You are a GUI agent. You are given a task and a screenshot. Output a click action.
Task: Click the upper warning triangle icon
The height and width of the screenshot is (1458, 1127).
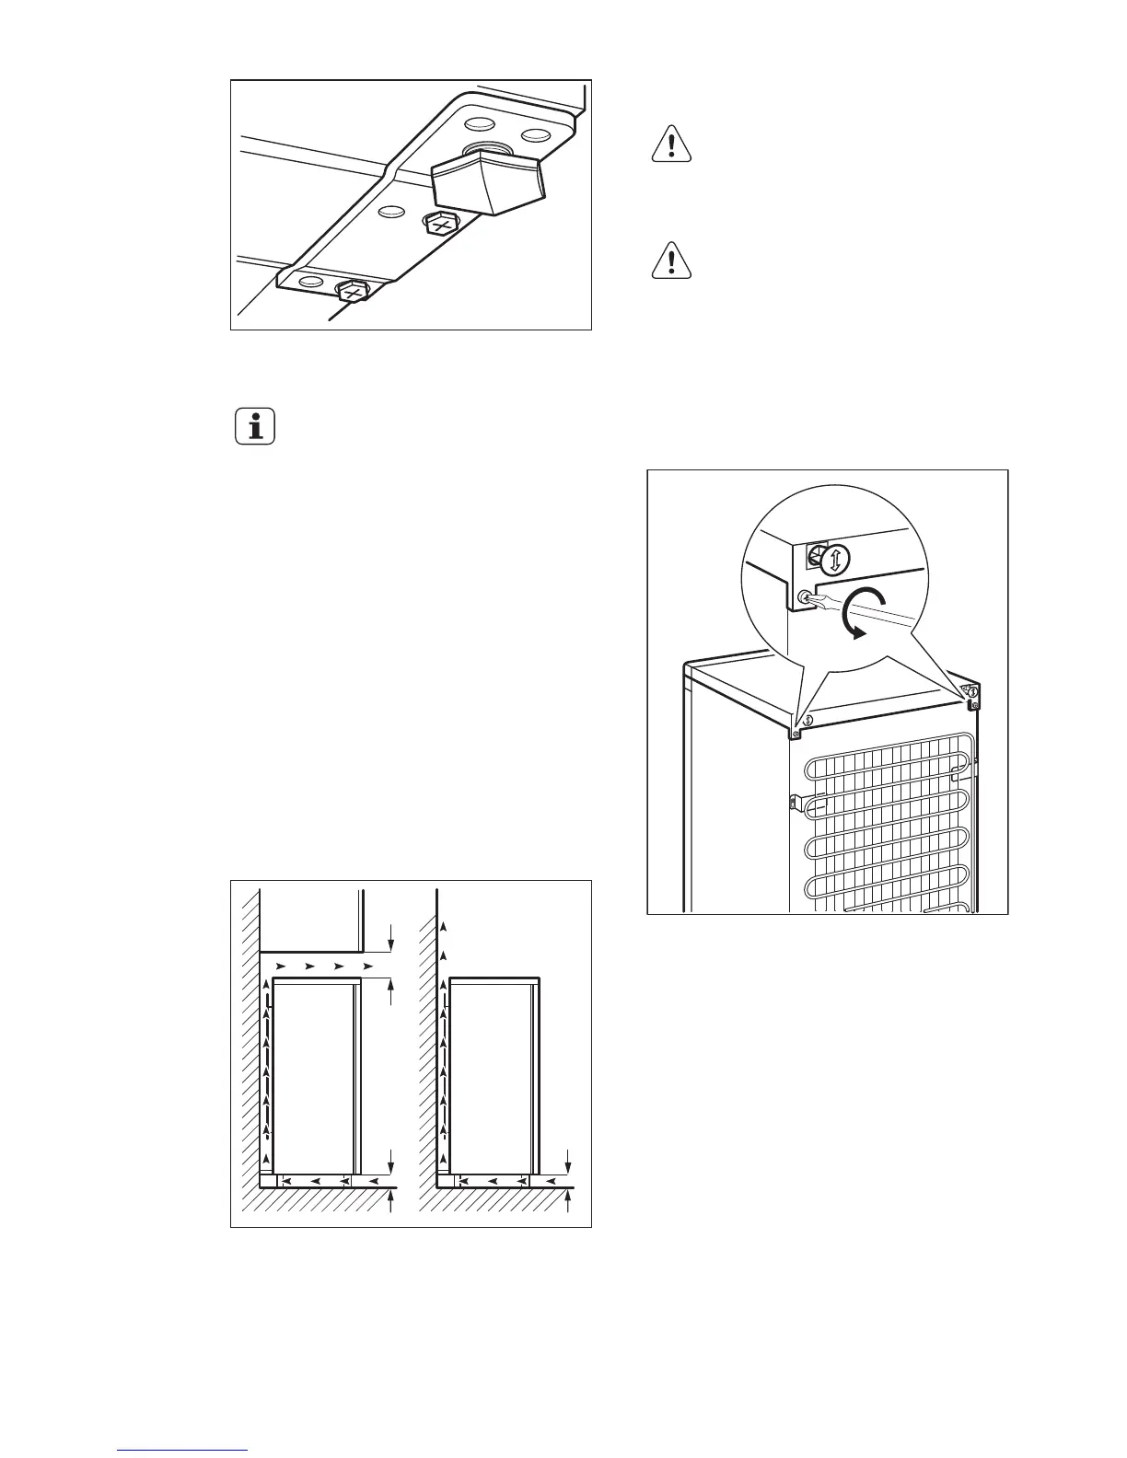point(672,145)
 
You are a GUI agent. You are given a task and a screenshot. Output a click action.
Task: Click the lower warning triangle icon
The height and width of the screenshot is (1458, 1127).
point(672,260)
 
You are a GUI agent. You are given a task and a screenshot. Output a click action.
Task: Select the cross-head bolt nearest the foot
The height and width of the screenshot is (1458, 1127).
point(441,223)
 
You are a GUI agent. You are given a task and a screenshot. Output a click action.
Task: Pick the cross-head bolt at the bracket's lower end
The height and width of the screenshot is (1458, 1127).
point(351,292)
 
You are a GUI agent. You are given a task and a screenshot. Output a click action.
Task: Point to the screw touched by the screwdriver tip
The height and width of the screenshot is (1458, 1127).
point(804,596)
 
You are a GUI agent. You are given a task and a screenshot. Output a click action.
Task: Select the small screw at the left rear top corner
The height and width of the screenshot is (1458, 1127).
point(796,734)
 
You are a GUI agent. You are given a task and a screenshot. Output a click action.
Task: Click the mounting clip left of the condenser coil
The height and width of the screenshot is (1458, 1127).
point(794,802)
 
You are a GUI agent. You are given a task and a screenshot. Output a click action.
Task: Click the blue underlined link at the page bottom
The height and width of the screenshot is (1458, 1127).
point(182,1450)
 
